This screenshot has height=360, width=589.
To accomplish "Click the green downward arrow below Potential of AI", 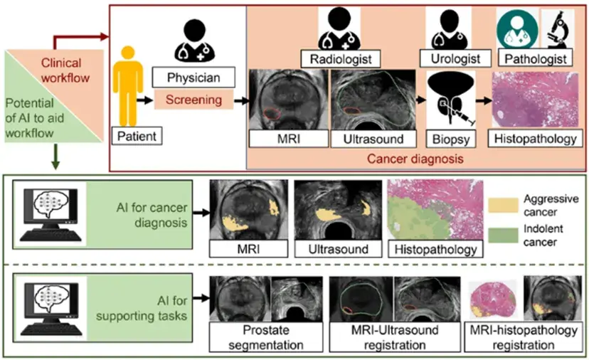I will tap(55, 161).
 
